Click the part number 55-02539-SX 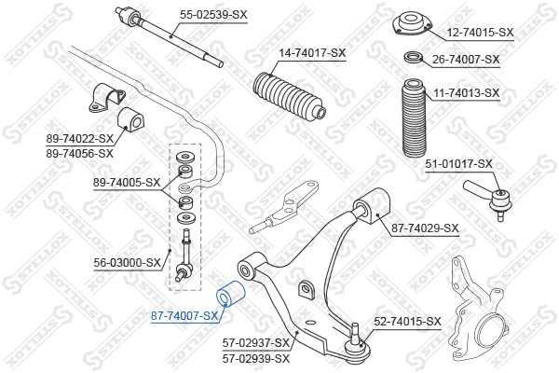[213, 15]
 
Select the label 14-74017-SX [312, 53]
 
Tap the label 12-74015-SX [480, 33]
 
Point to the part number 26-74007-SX [466, 60]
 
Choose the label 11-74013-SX [467, 93]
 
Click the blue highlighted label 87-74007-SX [184, 316]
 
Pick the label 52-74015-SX [407, 322]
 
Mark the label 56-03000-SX [128, 263]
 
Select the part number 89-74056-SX [79, 154]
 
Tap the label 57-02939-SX [256, 358]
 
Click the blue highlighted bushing [231, 294]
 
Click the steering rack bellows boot [289, 95]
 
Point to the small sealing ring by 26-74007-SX [414, 56]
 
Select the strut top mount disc [412, 24]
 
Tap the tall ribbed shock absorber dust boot [414, 118]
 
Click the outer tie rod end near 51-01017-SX [489, 199]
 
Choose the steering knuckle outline [478, 307]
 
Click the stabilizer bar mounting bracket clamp [106, 98]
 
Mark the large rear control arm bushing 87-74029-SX [371, 206]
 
